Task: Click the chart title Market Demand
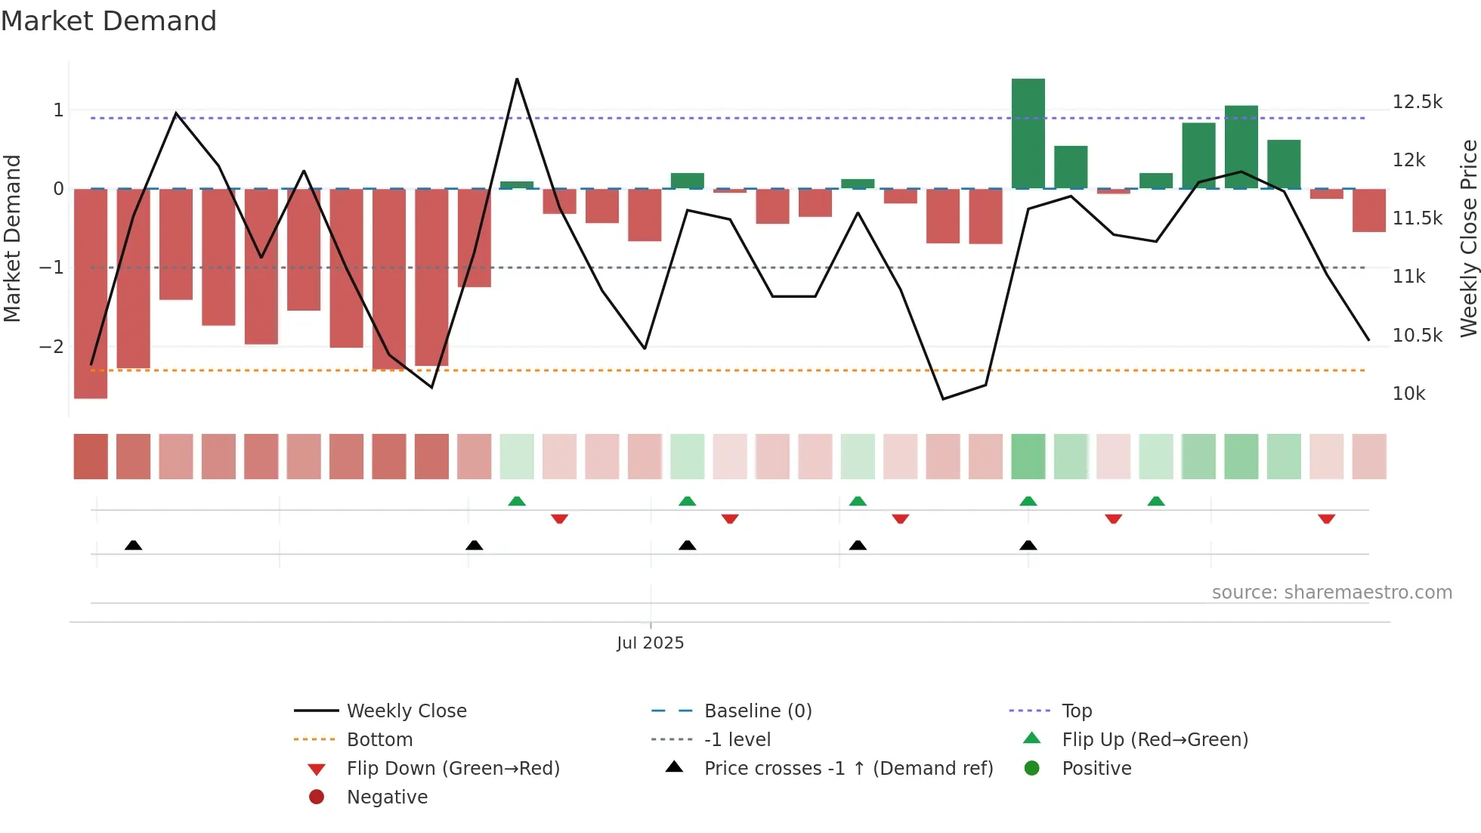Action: [109, 21]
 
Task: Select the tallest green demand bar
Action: [1028, 133]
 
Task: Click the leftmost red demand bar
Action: [91, 293]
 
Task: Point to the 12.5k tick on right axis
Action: [1417, 102]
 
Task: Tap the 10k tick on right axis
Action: [1408, 394]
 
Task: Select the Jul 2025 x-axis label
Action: [650, 643]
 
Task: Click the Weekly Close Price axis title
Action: [1468, 237]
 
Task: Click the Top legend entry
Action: [1076, 711]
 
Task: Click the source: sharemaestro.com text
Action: [1331, 593]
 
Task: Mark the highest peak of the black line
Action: [517, 79]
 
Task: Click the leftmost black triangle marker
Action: [133, 545]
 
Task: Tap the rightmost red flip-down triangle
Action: [1326, 519]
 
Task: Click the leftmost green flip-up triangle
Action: [517, 501]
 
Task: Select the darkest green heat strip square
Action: [1028, 457]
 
